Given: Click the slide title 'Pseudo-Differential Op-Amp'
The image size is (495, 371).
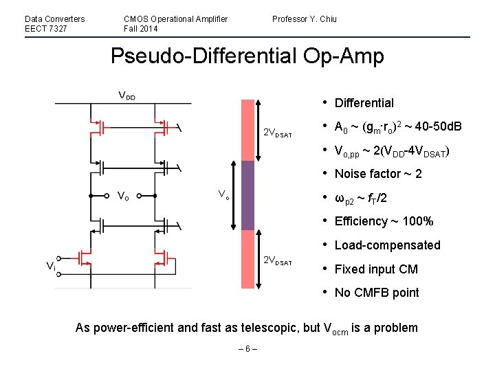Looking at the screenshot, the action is [247, 56].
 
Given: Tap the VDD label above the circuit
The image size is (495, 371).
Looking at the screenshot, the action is [126, 95].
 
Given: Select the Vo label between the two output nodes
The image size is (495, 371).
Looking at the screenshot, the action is [123, 196].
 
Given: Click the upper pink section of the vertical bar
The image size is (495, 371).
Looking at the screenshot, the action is [247, 130].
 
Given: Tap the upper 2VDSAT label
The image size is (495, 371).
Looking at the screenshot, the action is [278, 133].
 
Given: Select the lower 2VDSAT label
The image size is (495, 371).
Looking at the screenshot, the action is [278, 262].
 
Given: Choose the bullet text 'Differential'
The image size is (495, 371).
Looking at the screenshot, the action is [364, 103].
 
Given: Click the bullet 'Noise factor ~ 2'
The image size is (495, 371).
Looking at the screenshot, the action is [378, 174].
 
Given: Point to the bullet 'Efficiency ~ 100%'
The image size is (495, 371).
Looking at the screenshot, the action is [384, 221].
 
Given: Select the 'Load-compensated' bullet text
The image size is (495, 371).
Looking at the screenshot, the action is [387, 245].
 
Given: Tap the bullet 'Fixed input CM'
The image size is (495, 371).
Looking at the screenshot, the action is [376, 269].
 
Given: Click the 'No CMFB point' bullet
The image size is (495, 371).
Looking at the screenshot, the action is [376, 293].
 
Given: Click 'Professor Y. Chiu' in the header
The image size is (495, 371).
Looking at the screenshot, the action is [304, 19].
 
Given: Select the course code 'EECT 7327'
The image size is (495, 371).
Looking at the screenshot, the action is [45, 29].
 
